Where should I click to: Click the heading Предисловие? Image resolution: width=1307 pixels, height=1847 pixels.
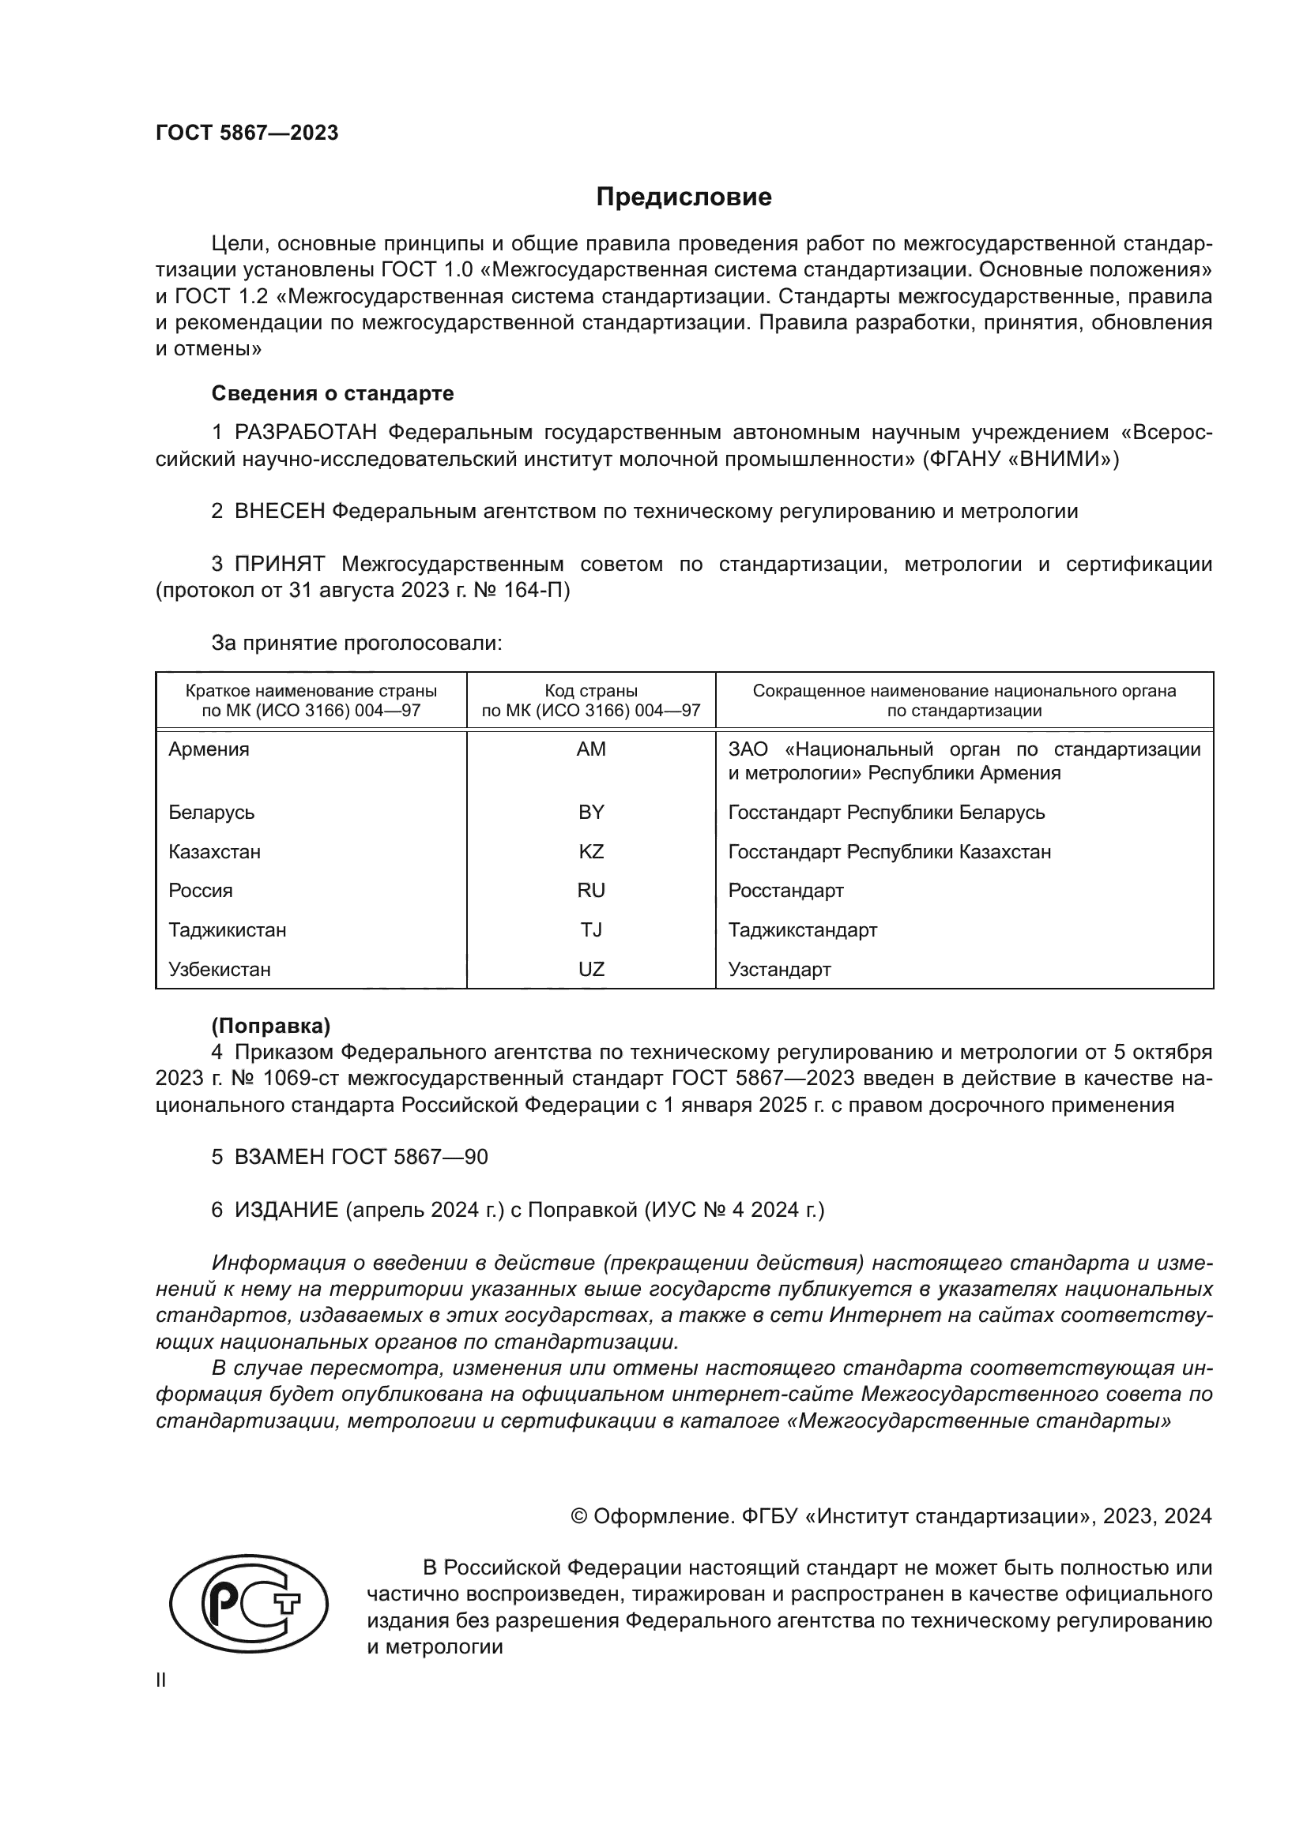[684, 197]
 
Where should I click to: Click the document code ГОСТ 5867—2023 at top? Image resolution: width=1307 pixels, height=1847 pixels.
[247, 133]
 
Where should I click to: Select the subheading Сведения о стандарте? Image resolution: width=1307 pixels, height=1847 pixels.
[333, 393]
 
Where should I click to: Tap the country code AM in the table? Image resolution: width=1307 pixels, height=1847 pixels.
[591, 749]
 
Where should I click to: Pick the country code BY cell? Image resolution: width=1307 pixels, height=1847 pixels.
[591, 812]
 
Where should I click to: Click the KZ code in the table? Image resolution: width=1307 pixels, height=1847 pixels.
[591, 851]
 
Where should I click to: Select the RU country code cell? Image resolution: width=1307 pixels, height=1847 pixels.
[591, 891]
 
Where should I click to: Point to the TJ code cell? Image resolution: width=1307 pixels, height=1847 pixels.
[591, 930]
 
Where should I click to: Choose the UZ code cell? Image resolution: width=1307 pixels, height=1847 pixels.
[591, 970]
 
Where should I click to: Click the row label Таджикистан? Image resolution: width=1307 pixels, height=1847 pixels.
[227, 930]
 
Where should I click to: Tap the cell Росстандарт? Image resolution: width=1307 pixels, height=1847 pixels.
[785, 891]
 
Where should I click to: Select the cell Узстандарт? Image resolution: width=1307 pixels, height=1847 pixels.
[779, 970]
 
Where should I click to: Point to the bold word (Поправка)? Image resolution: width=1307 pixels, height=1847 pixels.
[270, 1026]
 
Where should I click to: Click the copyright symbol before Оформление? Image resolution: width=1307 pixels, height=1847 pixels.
[578, 1516]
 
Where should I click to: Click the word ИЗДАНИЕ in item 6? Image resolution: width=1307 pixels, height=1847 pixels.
[286, 1210]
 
